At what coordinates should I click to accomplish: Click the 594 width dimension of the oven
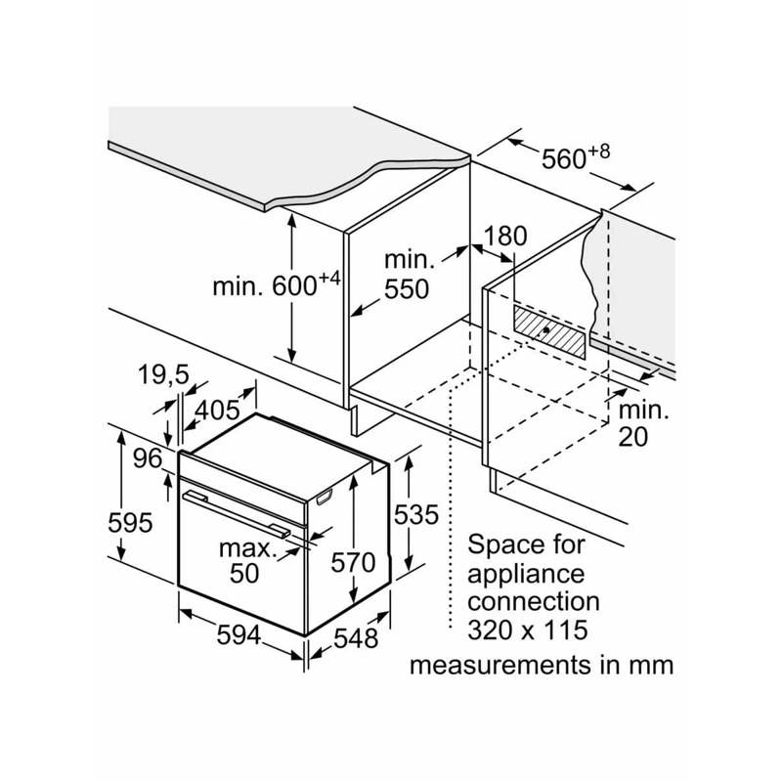tap(239, 635)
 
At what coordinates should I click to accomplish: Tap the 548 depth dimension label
tap(356, 638)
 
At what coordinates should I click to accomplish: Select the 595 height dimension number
tap(130, 523)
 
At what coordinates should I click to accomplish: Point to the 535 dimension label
tap(416, 515)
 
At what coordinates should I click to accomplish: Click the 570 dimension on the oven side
tap(353, 563)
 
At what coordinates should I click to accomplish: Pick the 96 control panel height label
tap(148, 458)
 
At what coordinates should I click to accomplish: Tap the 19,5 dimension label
tap(163, 375)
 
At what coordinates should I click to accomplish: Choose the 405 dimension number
tap(217, 411)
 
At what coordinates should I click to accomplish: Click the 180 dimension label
tap(505, 236)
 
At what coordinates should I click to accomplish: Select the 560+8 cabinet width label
tap(576, 157)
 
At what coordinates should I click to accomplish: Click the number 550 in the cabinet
tap(407, 289)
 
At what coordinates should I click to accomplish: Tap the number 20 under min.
tap(632, 436)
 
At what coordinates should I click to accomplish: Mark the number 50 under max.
tap(244, 573)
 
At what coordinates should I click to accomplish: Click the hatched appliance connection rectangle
tap(550, 330)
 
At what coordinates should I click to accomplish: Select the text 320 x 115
tap(528, 630)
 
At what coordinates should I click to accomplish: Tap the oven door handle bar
tap(237, 514)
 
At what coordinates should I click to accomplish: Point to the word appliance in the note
tap(526, 575)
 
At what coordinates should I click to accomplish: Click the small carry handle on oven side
tap(325, 497)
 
